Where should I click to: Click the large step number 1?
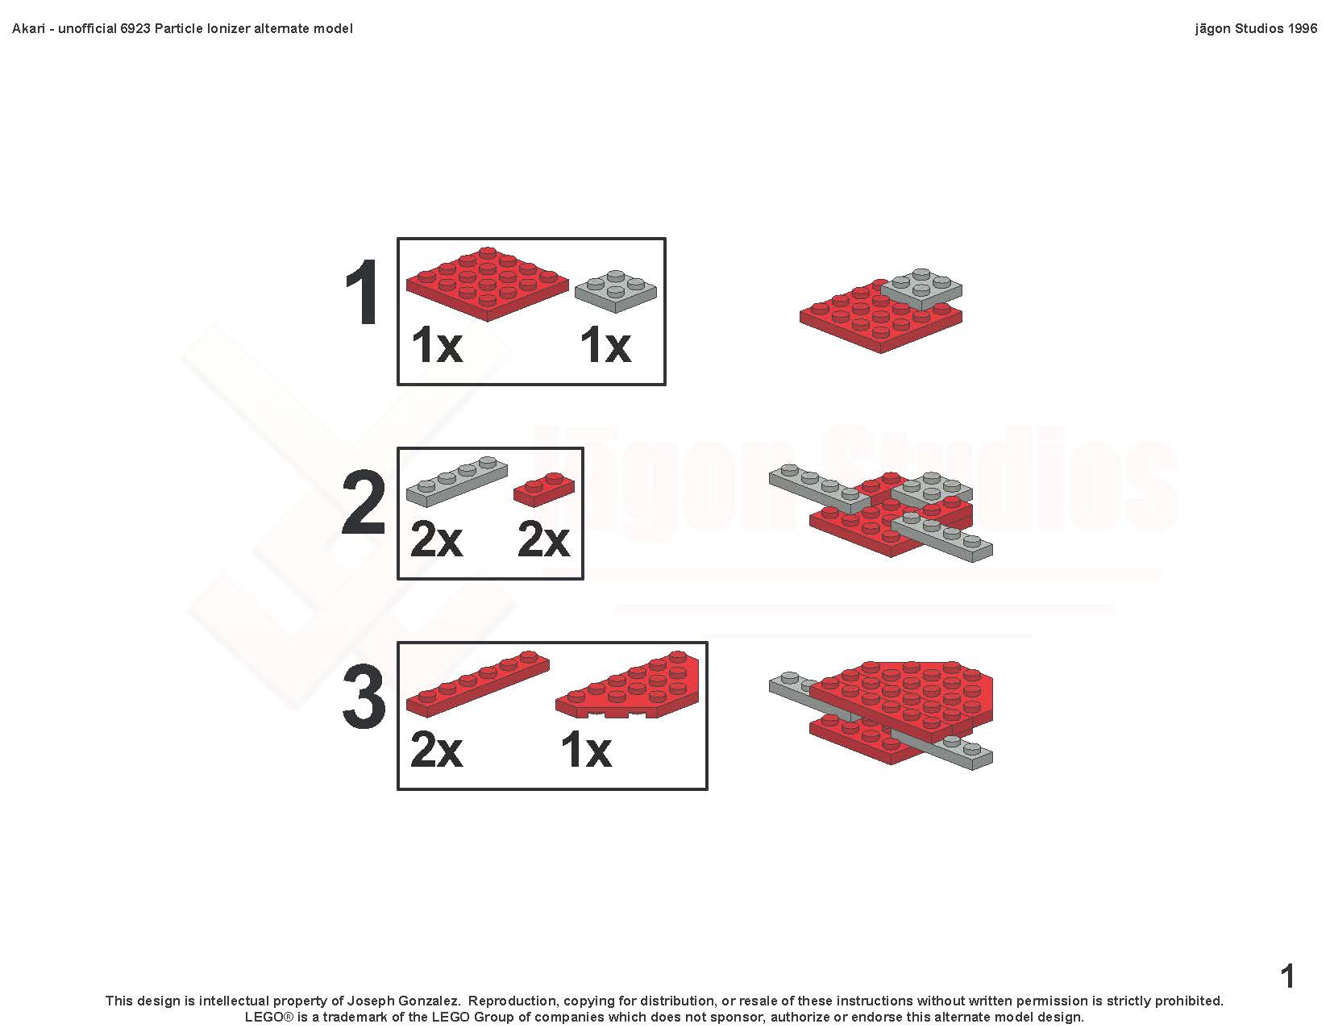pos(362,292)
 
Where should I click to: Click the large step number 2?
pos(363,502)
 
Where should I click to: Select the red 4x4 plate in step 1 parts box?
pos(487,285)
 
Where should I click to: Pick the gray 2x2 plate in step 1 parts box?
pos(616,291)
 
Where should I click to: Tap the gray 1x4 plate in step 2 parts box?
pos(456,481)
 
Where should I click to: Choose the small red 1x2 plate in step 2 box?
pos(543,489)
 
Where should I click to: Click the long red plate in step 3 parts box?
pos(478,684)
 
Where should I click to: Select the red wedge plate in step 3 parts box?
pos(627,685)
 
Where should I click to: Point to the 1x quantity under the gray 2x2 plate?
pos(605,345)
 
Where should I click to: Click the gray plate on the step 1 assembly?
pos(921,289)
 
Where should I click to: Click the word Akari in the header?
pos(28,29)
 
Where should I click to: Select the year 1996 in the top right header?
pos(1302,29)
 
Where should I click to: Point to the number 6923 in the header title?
pos(135,29)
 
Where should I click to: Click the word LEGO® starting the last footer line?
pos(269,1017)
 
